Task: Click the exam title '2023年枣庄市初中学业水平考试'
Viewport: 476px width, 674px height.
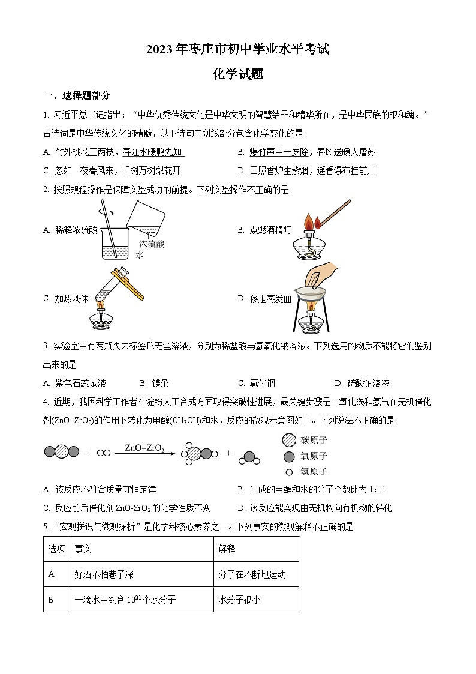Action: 238,50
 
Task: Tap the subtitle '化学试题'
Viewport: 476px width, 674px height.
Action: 238,74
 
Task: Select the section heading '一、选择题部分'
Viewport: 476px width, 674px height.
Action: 77,95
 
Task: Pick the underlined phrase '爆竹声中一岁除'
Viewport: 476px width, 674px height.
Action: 279,152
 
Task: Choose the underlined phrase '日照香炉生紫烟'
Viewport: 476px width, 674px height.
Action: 279,170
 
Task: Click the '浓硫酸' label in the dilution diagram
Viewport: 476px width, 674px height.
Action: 152,244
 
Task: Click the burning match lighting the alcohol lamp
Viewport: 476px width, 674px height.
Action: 333,215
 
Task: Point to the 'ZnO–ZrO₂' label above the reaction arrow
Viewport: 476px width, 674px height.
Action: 144,448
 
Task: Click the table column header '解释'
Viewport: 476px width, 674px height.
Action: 228,549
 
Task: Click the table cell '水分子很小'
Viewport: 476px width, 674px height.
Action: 240,599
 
